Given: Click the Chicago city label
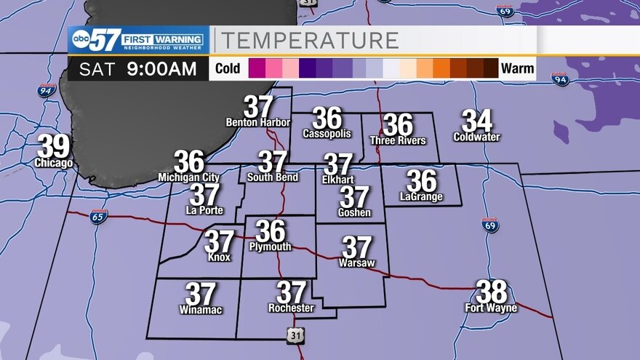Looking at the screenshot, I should pyautogui.click(x=54, y=164).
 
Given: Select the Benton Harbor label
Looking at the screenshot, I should pyautogui.click(x=258, y=122).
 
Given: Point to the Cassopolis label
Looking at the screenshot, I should pyautogui.click(x=327, y=134).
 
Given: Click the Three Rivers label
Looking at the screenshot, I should pyautogui.click(x=398, y=140).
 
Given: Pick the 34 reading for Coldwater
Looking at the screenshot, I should pyautogui.click(x=477, y=121).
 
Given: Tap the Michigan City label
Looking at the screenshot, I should pyautogui.click(x=188, y=177).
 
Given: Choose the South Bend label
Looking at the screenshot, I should pyautogui.click(x=273, y=177).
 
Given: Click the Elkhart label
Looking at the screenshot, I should pyautogui.click(x=338, y=179).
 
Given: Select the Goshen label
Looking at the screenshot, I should pyautogui.click(x=354, y=213).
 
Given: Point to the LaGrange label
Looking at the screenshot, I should pyautogui.click(x=421, y=197).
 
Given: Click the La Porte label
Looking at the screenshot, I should pyautogui.click(x=204, y=211).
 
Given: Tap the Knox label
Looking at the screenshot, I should pyautogui.click(x=219, y=257).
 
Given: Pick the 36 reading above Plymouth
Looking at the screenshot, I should pyautogui.click(x=271, y=231).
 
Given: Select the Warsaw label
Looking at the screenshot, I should pyautogui.click(x=357, y=263).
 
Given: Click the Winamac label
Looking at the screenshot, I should pyautogui.click(x=201, y=311).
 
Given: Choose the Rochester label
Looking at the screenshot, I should pyautogui.click(x=291, y=308).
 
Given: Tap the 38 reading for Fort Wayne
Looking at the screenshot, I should pyautogui.click(x=492, y=292).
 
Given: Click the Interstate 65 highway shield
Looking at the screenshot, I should pyautogui.click(x=99, y=216).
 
